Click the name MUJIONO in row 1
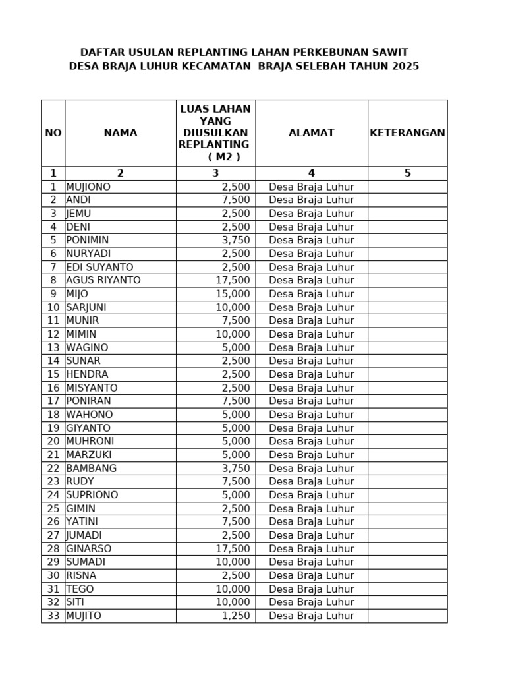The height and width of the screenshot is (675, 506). pyautogui.click(x=88, y=187)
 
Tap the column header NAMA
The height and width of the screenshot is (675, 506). pyautogui.click(x=121, y=133)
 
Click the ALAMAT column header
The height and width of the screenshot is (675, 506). pyautogui.click(x=312, y=133)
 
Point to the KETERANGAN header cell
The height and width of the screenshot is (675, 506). pyautogui.click(x=407, y=133)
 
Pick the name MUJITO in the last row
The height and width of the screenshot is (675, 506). pyautogui.click(x=84, y=616)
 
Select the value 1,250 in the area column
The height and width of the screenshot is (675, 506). pyautogui.click(x=236, y=616)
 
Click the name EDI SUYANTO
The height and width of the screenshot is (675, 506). pyautogui.click(x=99, y=267)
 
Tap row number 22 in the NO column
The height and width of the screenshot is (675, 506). pyautogui.click(x=53, y=468)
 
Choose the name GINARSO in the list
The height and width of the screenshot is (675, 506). pyautogui.click(x=89, y=548)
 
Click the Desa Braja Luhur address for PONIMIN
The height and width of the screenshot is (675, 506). pyautogui.click(x=312, y=240)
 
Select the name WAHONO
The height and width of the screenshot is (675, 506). pyautogui.click(x=90, y=415)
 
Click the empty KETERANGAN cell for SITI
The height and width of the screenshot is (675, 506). pyautogui.click(x=407, y=602)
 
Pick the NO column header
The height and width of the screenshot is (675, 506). pyautogui.click(x=53, y=133)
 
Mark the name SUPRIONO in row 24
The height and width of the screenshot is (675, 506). pyautogui.click(x=92, y=495)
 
